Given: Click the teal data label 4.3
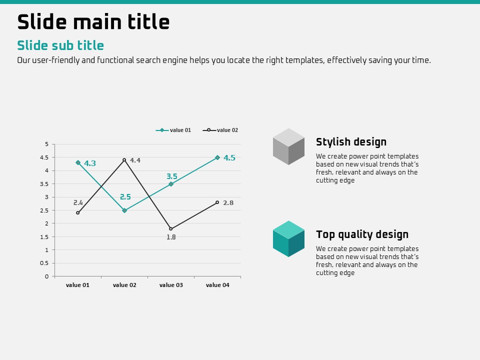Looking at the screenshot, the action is point(90,163).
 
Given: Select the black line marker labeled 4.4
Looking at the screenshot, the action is point(124,160).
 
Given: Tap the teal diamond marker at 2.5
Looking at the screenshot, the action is point(124,210).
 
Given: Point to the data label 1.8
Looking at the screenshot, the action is point(171,237).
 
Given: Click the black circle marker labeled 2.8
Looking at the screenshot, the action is point(217,202).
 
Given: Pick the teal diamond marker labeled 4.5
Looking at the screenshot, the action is point(217,157).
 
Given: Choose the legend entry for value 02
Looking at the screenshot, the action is point(220,130).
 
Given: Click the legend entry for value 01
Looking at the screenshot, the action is point(173,130).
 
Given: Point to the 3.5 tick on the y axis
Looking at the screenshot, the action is point(44,184).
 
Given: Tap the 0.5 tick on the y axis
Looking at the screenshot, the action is point(44,263).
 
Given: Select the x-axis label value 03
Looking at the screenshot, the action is point(171,285).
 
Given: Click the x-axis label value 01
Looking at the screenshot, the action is point(78,285).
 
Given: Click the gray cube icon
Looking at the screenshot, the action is point(288,146).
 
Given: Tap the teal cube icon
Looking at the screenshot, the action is point(288,239).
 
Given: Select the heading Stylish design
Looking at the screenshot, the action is point(351,142).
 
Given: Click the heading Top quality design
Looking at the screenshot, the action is point(362,234).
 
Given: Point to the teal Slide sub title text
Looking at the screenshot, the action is point(60,45).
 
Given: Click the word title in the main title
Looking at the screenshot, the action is point(148,21).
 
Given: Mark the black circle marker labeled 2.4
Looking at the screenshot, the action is point(78,213).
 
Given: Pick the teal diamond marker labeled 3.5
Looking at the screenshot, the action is point(171,184).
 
